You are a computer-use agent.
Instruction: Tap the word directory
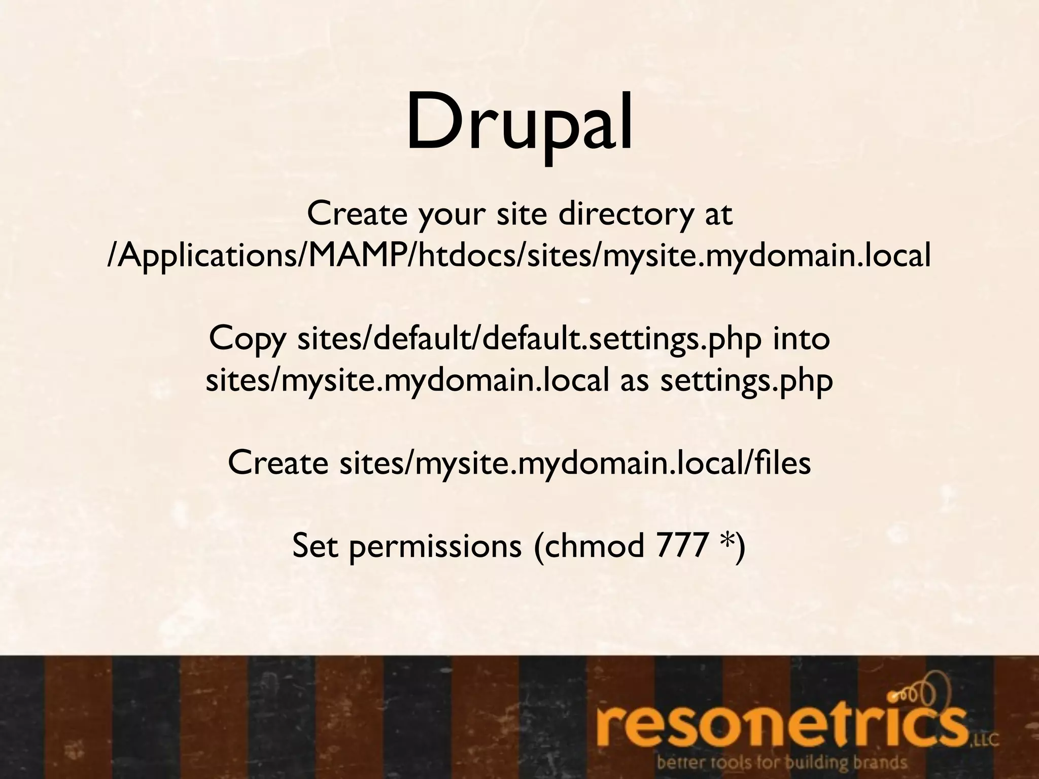pos(625,215)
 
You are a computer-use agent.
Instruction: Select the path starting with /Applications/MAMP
pos(519,257)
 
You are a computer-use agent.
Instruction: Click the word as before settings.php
pos(634,381)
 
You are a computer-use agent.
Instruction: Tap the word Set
pos(315,546)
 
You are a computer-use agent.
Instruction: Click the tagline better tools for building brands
pos(781,763)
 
